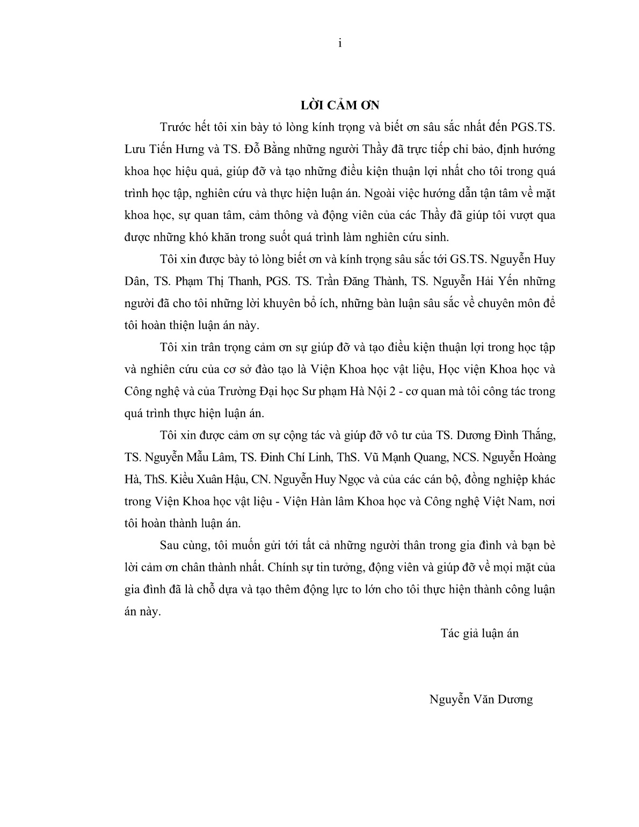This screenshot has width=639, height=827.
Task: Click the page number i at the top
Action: click(x=340, y=44)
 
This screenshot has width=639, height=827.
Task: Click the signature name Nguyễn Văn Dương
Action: click(x=481, y=700)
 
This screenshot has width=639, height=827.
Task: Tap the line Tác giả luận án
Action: click(x=480, y=634)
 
